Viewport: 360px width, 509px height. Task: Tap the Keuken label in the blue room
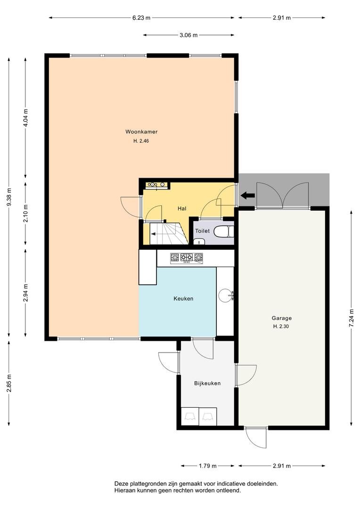pos(183,299)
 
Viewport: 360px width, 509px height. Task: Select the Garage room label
pos(281,319)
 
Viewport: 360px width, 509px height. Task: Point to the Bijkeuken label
pos(207,383)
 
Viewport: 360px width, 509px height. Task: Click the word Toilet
pos(202,231)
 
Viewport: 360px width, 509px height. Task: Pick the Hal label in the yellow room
pos(182,208)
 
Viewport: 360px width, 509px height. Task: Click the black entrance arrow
pos(248,195)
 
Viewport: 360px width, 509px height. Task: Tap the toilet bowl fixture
pos(224,231)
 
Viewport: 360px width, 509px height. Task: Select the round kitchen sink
pos(225,295)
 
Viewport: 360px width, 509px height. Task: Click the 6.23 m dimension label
pos(141,18)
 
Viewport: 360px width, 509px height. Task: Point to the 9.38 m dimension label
pos(9,197)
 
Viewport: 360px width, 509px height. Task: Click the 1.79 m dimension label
pos(207,466)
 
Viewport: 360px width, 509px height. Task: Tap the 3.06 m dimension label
pos(188,35)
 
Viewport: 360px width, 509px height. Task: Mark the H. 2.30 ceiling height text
pos(281,327)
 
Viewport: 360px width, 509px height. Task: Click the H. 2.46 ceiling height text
pos(141,141)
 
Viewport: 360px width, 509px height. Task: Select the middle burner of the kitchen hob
pos(187,258)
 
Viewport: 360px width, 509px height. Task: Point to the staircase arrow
pos(158,233)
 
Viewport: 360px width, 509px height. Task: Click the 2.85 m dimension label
pos(9,383)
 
